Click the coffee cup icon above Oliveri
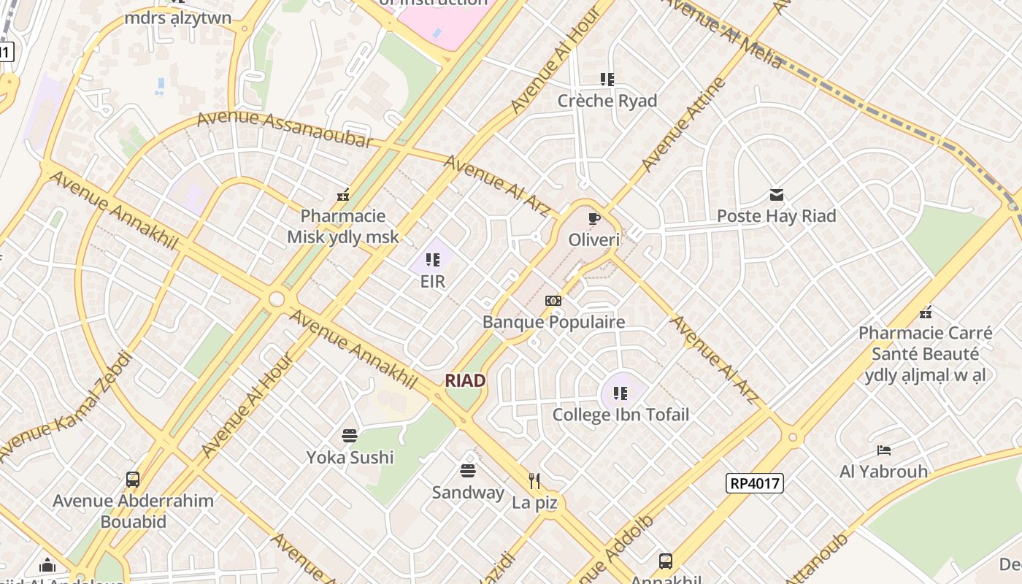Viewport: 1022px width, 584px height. pos(593,218)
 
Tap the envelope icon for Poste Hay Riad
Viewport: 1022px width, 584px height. pos(776,195)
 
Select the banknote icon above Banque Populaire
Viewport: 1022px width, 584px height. pos(553,301)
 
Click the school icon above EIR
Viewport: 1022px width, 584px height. pos(433,260)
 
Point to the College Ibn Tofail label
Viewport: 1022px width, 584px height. pos(620,415)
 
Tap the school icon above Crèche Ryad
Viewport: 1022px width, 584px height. pos(607,79)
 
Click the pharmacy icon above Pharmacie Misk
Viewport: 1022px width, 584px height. pos(342,195)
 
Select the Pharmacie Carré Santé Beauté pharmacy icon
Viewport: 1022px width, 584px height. pos(926,312)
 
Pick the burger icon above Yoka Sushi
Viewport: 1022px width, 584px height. pos(350,436)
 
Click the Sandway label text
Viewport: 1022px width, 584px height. pos(468,492)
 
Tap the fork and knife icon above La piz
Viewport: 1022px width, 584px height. pos(534,480)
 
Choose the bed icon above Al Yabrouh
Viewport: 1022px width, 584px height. pos(883,450)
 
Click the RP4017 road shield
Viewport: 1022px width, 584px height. pos(754,483)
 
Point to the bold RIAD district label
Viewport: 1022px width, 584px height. pos(465,380)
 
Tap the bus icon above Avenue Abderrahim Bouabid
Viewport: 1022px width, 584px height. pos(133,480)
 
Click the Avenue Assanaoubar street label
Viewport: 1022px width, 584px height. pos(285,129)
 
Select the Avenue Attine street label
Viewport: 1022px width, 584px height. pos(683,124)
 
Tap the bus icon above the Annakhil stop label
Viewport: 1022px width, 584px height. pos(666,561)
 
